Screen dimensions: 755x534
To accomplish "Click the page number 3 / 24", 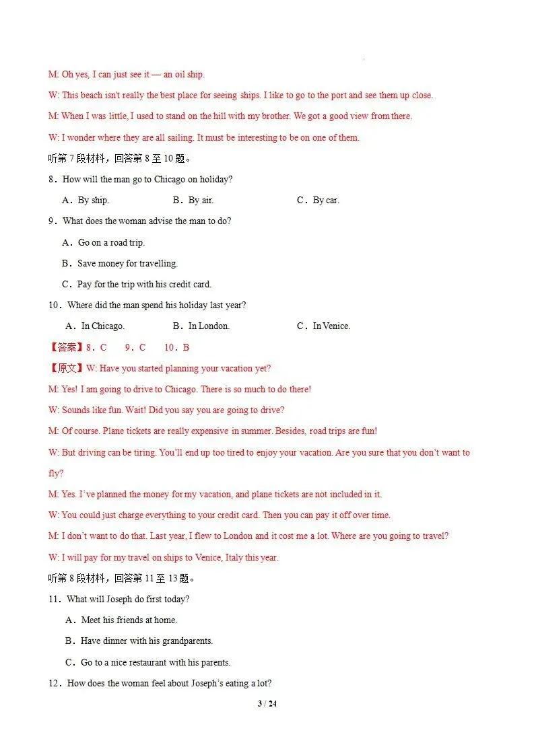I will [x=267, y=704].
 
